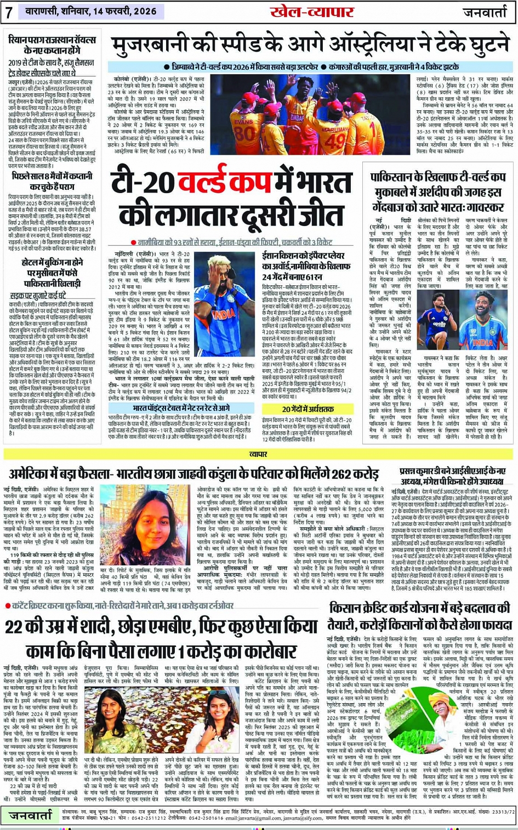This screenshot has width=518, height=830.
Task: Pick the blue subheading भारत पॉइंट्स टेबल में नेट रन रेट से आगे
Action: click(181, 409)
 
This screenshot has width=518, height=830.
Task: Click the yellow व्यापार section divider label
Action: click(258, 454)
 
